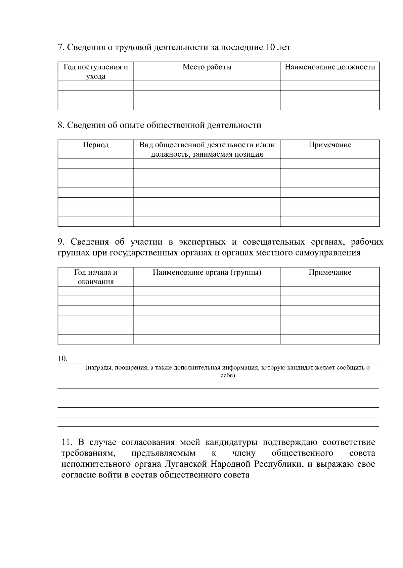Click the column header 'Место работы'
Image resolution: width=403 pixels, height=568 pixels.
pos(207,67)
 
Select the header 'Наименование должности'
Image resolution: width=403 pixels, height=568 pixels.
pos(330,67)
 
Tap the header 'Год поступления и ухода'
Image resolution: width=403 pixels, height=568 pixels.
pos(96,71)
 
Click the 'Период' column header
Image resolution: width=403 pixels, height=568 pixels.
pos(96,145)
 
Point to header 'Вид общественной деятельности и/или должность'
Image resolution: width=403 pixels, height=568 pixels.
pos(207,150)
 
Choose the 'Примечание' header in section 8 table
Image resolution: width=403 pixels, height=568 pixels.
pos(330,145)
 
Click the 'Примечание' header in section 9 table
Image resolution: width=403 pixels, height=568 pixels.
pos(330,272)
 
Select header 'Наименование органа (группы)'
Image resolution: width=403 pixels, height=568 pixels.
pos(207,272)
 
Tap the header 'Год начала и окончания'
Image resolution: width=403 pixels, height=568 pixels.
pos(96,277)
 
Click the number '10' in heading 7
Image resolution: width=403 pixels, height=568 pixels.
pos(270,47)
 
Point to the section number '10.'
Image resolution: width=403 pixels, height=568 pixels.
pos(63,359)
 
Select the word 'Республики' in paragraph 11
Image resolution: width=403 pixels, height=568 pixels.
pos(276,464)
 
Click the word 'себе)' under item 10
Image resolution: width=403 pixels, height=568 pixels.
pos(227,375)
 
